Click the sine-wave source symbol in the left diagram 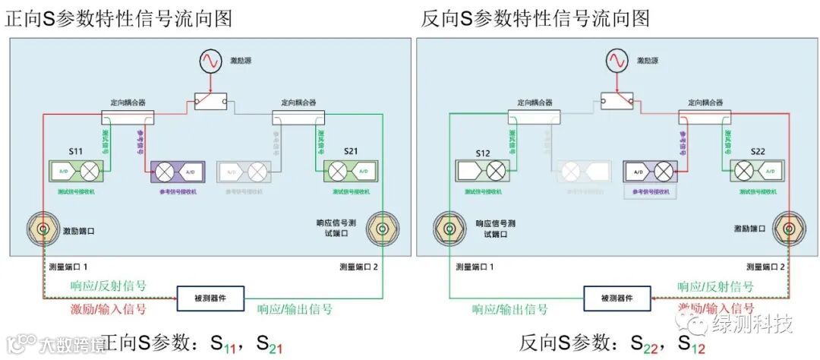point(209,61)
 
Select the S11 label point(76,152)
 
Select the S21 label point(350,152)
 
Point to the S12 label point(483,153)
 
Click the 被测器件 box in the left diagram point(210,298)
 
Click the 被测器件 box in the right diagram point(617,298)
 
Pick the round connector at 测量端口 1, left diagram point(44,228)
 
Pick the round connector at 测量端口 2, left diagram point(379,228)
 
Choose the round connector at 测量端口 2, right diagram point(787,228)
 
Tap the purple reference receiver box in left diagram point(176,171)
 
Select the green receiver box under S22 point(756,171)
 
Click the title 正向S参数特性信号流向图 point(119,18)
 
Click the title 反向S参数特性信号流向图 point(535,18)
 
